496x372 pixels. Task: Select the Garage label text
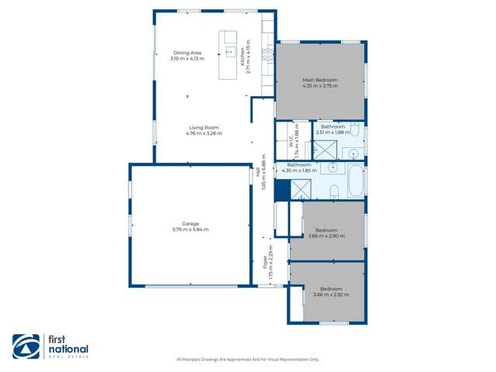point(190,224)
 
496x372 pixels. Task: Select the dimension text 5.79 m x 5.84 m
point(190,229)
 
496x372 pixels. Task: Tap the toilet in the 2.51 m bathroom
point(353,129)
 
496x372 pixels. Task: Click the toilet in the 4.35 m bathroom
point(333,191)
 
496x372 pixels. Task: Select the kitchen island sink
point(229,51)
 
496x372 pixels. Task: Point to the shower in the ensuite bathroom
point(325,148)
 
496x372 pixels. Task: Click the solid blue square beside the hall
point(281,188)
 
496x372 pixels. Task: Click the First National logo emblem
point(25,346)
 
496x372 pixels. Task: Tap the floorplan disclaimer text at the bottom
point(248,360)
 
